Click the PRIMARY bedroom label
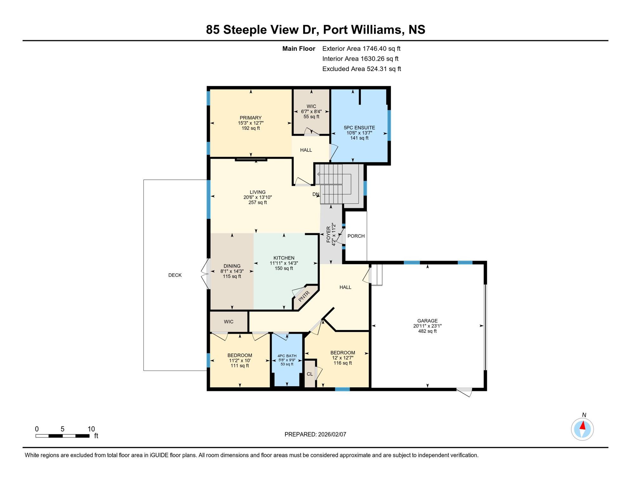(x=250, y=118)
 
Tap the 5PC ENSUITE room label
(x=359, y=127)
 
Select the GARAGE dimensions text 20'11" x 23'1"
(x=427, y=326)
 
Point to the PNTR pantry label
(x=304, y=296)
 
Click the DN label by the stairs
(x=315, y=194)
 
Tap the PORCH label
(x=356, y=236)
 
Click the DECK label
(x=175, y=275)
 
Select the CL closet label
(x=310, y=374)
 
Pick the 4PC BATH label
(x=287, y=356)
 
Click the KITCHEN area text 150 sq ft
(x=284, y=268)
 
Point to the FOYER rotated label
(x=328, y=234)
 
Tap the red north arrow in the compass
(x=583, y=425)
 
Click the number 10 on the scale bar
(x=91, y=429)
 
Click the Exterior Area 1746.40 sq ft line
(x=361, y=49)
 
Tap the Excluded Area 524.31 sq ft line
(x=362, y=69)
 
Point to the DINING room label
(x=232, y=266)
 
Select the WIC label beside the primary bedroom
(x=311, y=106)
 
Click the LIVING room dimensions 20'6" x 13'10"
(x=257, y=197)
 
